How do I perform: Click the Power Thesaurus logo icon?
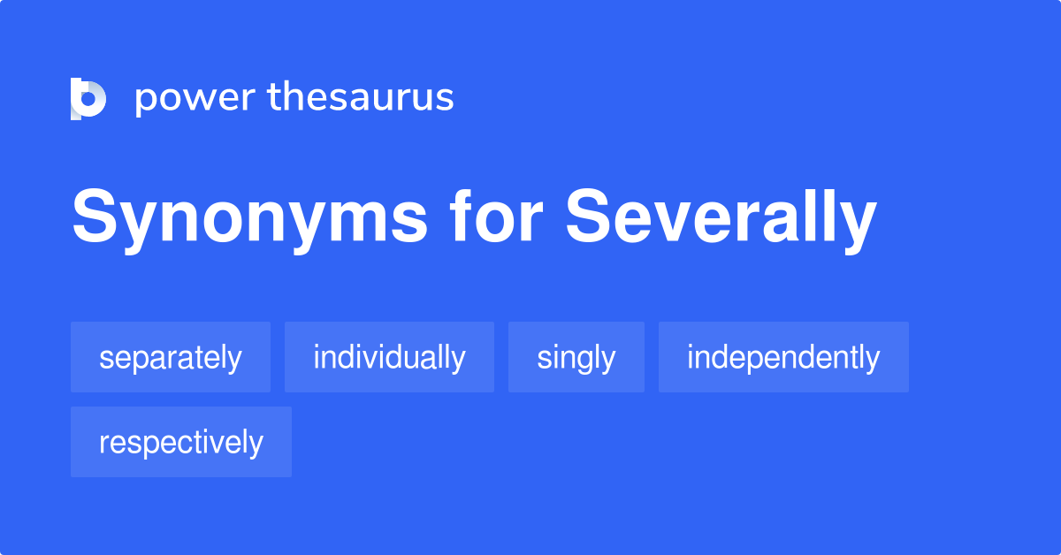(88, 98)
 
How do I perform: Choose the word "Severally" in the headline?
(721, 217)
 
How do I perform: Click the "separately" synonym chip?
(171, 357)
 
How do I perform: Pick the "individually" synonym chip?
(389, 357)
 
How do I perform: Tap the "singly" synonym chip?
(576, 357)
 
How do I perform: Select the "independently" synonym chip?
(783, 357)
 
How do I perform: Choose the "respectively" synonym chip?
(181, 442)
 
